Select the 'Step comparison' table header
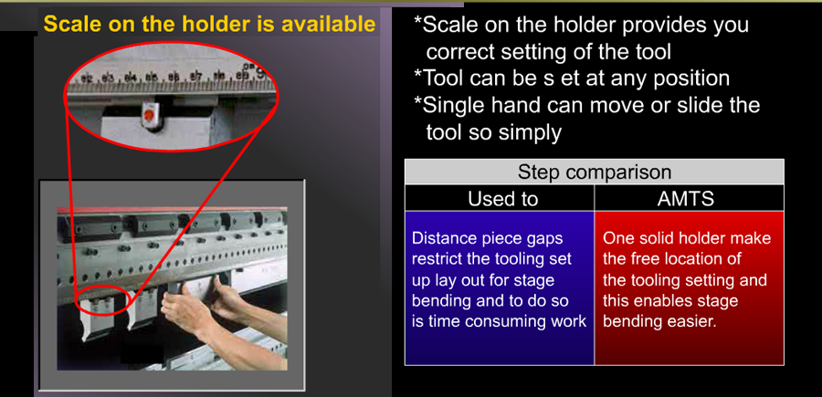594,172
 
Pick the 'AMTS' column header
690,199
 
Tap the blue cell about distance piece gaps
500,288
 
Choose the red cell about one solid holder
690,288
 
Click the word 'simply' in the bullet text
530,133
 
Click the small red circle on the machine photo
102,300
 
